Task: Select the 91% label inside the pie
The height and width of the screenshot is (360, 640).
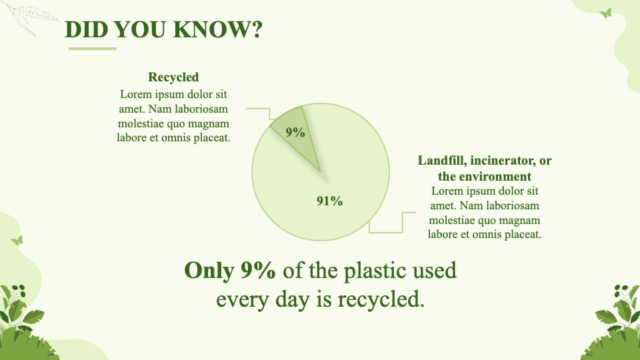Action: pos(330,201)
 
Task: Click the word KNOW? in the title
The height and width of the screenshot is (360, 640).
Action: pos(217,29)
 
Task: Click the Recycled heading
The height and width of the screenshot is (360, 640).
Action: pos(173,77)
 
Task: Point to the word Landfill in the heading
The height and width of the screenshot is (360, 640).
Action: pos(441,161)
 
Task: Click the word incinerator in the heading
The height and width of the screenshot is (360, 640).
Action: pos(503,161)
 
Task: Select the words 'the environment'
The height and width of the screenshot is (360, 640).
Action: pos(485,176)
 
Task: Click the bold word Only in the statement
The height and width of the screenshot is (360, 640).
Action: pos(209,270)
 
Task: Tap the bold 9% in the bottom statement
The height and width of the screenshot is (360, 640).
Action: pos(258,270)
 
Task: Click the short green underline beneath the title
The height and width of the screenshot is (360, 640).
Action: pos(93,49)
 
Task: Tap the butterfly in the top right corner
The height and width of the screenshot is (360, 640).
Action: pos(606,13)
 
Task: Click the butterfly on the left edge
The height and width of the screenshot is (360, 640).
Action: pos(17,241)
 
